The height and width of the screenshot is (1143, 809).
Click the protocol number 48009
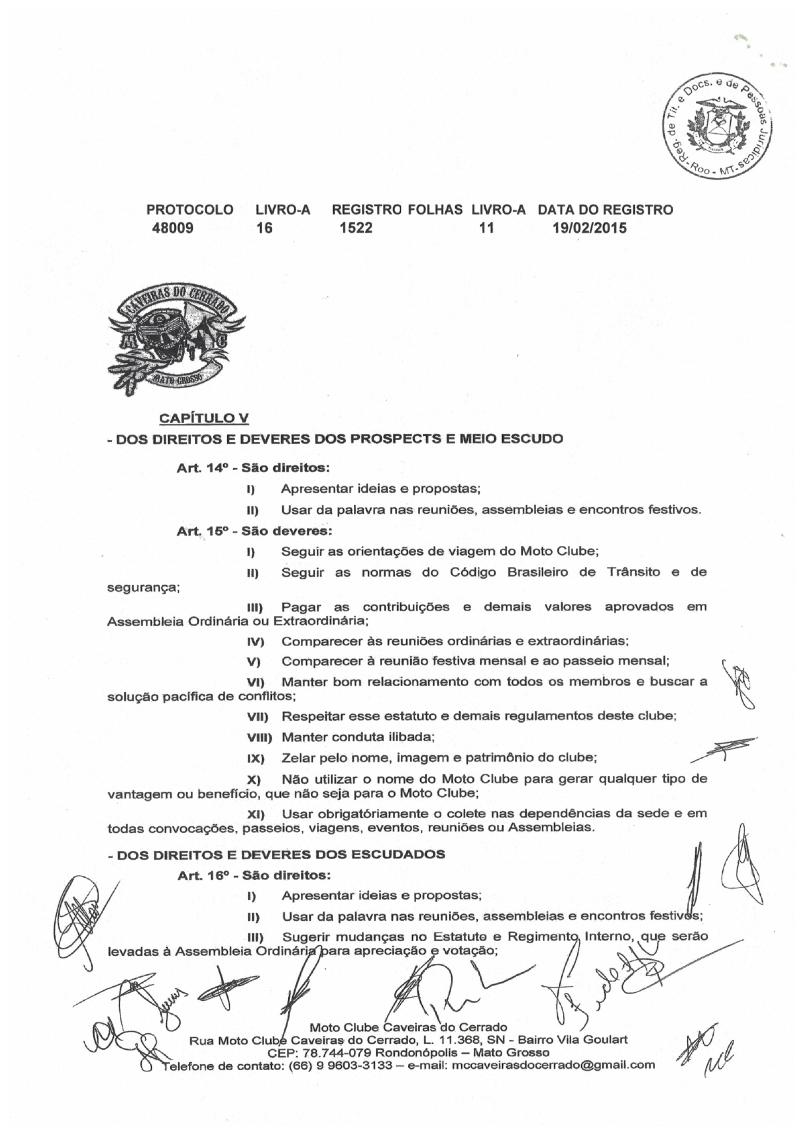click(x=172, y=228)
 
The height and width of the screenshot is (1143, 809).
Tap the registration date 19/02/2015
click(x=589, y=228)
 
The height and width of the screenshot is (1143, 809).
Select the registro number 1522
click(x=356, y=228)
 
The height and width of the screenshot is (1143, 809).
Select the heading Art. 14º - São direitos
click(x=252, y=468)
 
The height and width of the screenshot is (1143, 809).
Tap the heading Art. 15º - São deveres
click(x=254, y=530)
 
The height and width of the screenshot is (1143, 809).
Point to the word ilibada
click(x=411, y=737)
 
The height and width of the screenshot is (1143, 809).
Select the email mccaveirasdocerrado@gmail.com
click(x=553, y=1065)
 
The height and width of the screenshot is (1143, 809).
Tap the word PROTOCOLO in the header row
click(x=189, y=210)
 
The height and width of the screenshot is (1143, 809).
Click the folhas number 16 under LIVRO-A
click(x=264, y=228)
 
